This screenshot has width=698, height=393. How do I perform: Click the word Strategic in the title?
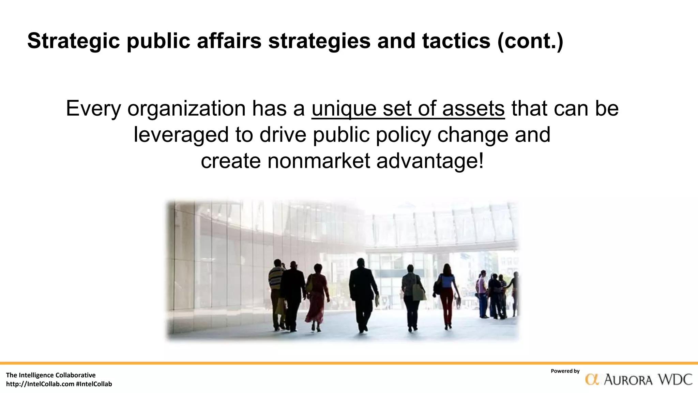tap(73, 41)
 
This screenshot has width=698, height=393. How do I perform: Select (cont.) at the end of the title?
tap(530, 41)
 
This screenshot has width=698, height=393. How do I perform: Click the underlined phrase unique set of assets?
tap(408, 108)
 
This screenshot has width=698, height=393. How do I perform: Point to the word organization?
tap(186, 108)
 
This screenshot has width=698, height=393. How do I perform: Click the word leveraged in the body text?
tap(181, 134)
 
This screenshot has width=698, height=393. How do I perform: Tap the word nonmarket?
tap(319, 161)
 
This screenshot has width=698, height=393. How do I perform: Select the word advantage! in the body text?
tap(430, 161)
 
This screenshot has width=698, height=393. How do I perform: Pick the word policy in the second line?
tap(403, 134)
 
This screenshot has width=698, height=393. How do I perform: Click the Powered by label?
tap(565, 371)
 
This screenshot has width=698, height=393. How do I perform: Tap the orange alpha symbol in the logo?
tap(592, 379)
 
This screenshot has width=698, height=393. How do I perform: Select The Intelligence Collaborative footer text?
tap(51, 375)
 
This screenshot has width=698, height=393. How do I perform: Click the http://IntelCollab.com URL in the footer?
tap(40, 384)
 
